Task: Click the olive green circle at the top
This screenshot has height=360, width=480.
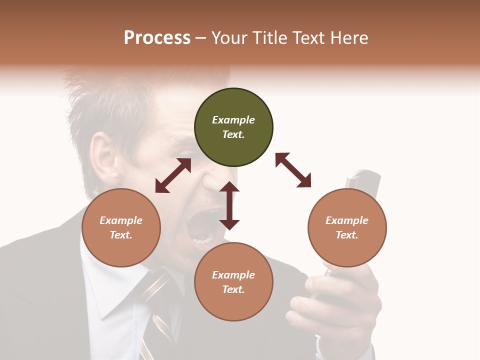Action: click(x=233, y=127)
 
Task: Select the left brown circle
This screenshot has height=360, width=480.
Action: click(x=121, y=227)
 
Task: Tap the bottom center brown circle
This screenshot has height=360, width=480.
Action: click(x=233, y=282)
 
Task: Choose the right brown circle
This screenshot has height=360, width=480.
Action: click(x=347, y=227)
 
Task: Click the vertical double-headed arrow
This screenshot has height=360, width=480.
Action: click(x=229, y=205)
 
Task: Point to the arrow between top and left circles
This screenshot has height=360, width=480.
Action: click(x=173, y=175)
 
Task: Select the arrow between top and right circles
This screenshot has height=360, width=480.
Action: click(x=293, y=170)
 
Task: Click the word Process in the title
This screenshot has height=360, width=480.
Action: click(x=157, y=38)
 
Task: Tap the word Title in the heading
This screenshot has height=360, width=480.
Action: click(x=268, y=38)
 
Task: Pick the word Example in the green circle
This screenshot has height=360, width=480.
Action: click(x=233, y=120)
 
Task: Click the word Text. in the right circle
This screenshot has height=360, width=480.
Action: click(x=347, y=235)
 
